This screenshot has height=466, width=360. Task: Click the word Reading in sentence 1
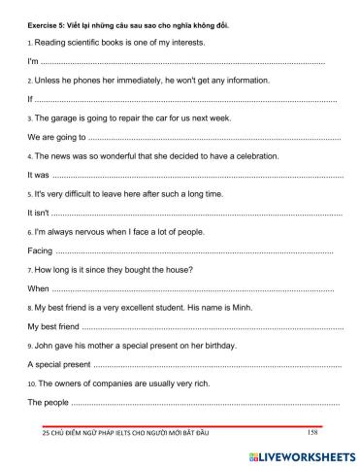point(52,44)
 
